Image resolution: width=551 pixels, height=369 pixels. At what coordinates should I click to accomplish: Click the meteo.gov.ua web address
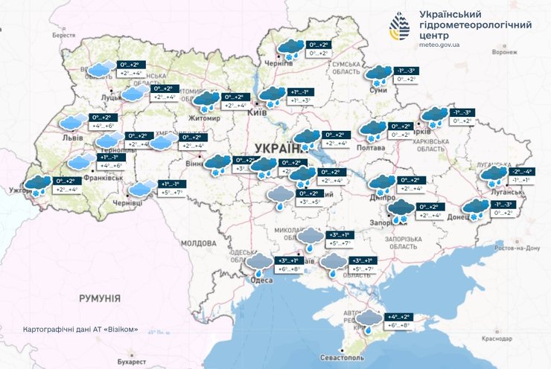[x=440, y=45]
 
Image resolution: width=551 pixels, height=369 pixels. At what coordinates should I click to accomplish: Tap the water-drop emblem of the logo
[x=400, y=28]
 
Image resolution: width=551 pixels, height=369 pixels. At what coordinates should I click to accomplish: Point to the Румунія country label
[x=99, y=298]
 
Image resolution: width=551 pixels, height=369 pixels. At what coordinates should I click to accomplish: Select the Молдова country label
[x=198, y=243]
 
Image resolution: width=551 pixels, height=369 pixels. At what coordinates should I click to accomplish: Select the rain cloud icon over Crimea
[x=368, y=320]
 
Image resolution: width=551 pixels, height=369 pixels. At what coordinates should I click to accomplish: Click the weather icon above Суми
[x=380, y=74]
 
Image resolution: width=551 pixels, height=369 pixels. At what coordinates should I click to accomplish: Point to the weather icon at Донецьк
[x=475, y=208]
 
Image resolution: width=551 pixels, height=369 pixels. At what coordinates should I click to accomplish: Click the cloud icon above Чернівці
[x=144, y=187]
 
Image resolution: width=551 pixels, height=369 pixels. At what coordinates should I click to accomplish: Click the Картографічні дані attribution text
[x=80, y=328]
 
